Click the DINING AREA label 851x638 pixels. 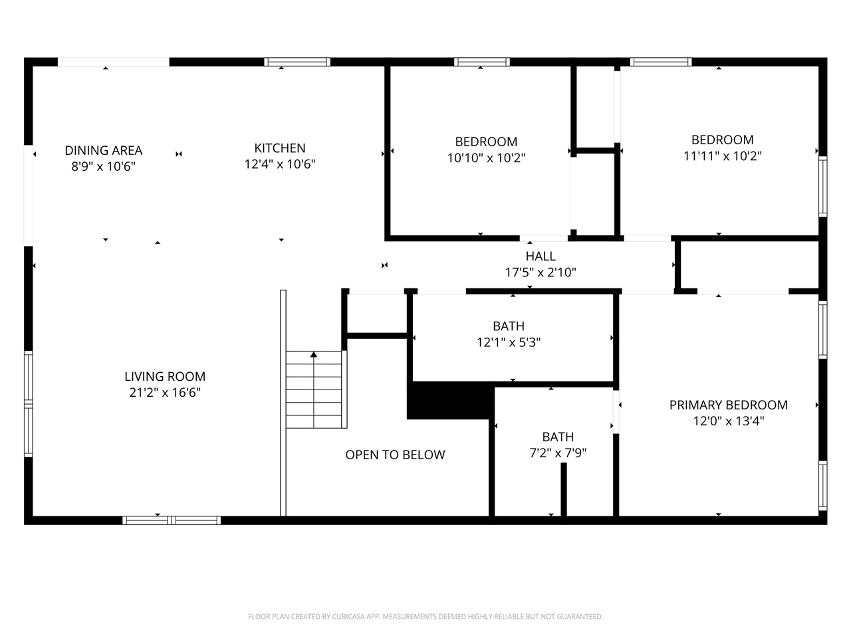tap(103, 151)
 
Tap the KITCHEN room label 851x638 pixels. tap(280, 148)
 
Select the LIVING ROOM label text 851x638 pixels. tap(165, 376)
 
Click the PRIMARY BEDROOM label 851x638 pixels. tap(728, 405)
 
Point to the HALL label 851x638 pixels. tap(541, 256)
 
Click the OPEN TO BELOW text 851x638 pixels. tap(395, 455)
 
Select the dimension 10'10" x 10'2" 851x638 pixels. tap(486, 158)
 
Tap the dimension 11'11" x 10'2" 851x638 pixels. tap(722, 156)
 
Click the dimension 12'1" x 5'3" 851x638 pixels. tap(509, 342)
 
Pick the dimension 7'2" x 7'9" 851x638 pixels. tap(558, 453)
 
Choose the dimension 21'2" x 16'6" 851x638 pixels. tap(165, 393)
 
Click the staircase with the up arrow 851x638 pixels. tap(314, 389)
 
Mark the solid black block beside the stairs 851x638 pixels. tap(450, 401)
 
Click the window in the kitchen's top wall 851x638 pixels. tap(297, 62)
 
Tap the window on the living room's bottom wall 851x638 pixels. tap(172, 520)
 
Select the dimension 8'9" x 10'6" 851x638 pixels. tap(103, 167)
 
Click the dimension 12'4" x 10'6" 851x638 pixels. tap(280, 164)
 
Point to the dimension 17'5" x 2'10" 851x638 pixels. tap(541, 272)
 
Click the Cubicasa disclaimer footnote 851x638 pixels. tap(425, 617)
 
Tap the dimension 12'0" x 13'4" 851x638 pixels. tap(728, 421)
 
